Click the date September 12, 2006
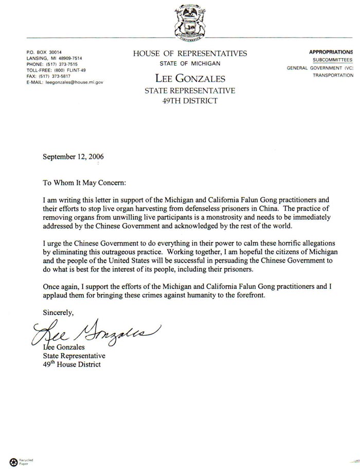point(73,157)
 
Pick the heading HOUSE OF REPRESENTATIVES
point(190,54)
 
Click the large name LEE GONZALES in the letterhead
point(190,78)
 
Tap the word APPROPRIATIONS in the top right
point(331,52)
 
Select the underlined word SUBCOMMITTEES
point(333,60)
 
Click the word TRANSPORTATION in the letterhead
point(333,75)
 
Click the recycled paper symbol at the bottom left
point(13,461)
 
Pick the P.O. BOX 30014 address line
point(44,53)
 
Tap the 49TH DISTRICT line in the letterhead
point(190,101)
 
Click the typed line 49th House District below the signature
point(71,365)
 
